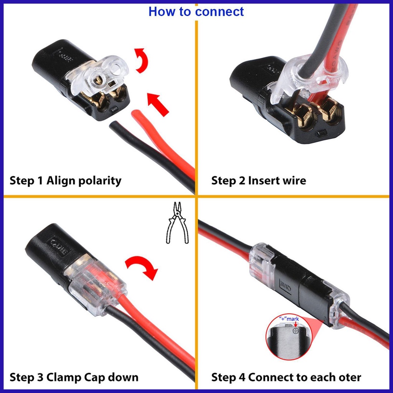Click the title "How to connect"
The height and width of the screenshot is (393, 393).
196,11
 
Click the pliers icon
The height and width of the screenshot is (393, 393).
177,223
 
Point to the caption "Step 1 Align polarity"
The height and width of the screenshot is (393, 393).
65,180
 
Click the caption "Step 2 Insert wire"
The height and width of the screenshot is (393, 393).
258,180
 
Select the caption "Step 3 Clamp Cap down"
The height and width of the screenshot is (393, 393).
74,377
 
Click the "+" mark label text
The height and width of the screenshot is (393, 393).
289,319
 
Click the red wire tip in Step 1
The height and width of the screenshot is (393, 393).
137,115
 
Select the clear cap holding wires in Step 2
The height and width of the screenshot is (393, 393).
307,77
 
